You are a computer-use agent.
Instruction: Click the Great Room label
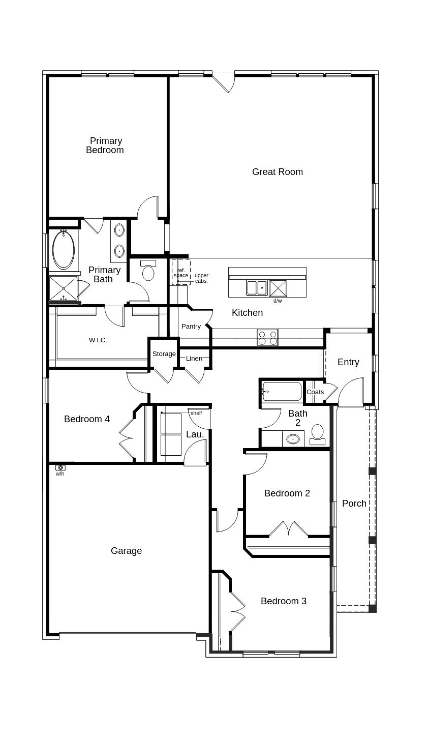click(x=277, y=172)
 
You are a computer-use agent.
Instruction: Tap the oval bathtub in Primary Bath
click(x=64, y=250)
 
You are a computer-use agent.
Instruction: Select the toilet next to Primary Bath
click(x=148, y=271)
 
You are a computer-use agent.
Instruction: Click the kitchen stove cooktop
click(x=267, y=338)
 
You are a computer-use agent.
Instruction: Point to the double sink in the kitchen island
click(x=257, y=288)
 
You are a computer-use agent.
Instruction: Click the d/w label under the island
click(x=278, y=301)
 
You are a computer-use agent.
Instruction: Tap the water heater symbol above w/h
click(x=60, y=467)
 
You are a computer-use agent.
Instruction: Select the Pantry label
click(x=191, y=327)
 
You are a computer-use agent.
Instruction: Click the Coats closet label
click(x=315, y=392)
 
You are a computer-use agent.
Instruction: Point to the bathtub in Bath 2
click(x=282, y=392)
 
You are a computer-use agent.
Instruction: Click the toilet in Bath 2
click(x=318, y=433)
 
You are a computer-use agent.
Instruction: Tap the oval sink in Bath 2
click(x=293, y=439)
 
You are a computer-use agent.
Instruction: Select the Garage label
click(x=126, y=551)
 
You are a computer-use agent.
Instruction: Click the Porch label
click(x=354, y=504)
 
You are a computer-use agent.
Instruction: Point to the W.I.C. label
click(x=98, y=340)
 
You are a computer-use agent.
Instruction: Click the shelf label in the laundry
click(x=196, y=414)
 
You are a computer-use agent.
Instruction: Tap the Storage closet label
click(x=164, y=354)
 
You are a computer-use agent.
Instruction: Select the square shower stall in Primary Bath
click(x=63, y=288)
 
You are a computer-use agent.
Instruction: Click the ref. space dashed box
click(x=181, y=272)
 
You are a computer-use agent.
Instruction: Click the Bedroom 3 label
click(x=283, y=601)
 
